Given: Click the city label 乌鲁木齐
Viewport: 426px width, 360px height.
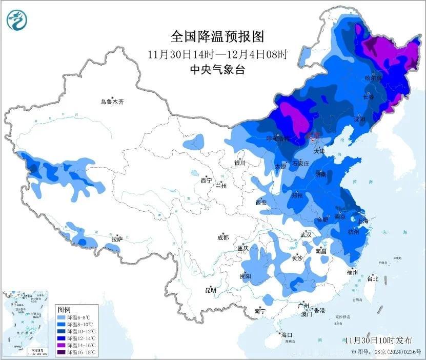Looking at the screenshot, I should (112, 102).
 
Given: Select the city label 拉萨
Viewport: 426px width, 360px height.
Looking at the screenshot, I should (117, 238).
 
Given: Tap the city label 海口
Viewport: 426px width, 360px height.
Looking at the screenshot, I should (287, 335).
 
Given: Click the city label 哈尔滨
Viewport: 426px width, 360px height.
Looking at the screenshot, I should (374, 78).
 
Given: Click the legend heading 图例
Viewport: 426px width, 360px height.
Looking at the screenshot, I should (64, 310).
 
